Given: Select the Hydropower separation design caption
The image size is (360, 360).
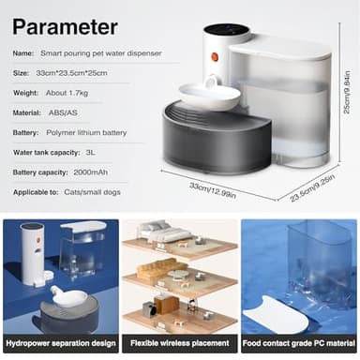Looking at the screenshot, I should [x=60, y=344].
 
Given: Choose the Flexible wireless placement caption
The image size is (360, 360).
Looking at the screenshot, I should [x=180, y=344].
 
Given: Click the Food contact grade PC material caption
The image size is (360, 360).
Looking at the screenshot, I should [x=299, y=344].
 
